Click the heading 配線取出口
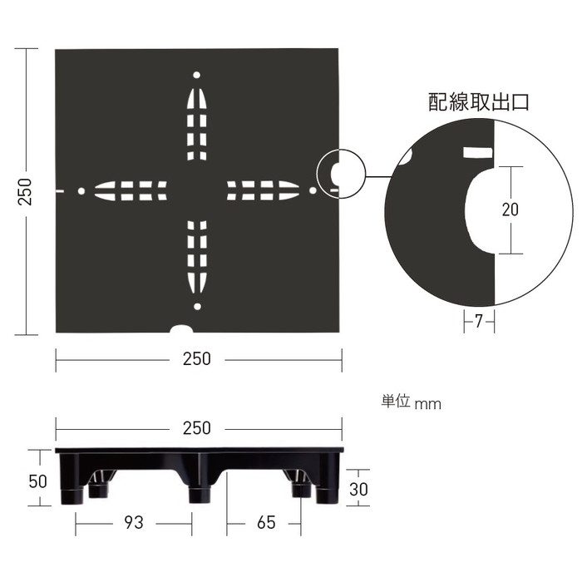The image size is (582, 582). click(478, 103)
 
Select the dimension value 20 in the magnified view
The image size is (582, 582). click(510, 210)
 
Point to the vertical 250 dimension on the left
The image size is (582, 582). click(25, 191)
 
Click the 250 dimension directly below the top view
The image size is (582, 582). click(197, 359)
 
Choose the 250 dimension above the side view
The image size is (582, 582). click(197, 428)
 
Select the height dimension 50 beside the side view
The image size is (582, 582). click(37, 480)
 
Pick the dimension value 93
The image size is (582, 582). click(133, 523)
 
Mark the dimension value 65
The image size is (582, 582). click(266, 523)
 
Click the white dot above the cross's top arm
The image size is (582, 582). click(197, 75)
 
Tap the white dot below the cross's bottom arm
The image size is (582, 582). click(197, 307)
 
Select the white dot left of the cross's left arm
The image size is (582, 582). click(81, 191)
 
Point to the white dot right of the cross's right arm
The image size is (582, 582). click(313, 191)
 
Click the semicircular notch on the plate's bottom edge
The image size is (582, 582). click(179, 329)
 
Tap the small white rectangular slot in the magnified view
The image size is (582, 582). click(477, 152)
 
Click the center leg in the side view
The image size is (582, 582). click(198, 491)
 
